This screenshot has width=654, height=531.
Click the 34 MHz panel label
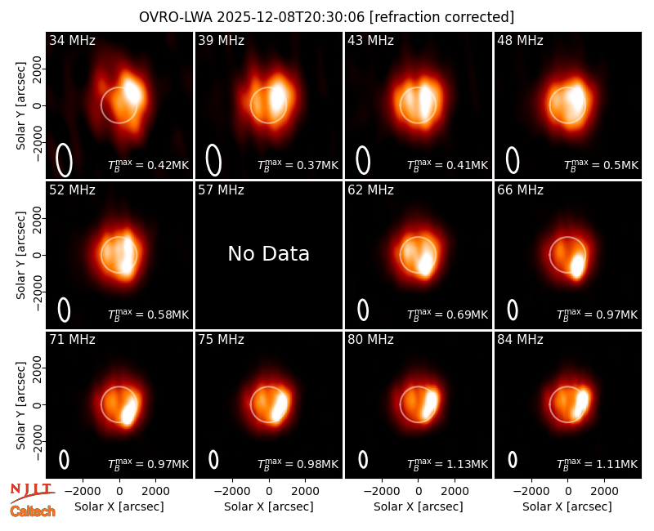point(72,40)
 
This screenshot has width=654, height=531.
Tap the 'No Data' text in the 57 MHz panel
point(269,253)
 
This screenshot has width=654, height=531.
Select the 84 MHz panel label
point(520,340)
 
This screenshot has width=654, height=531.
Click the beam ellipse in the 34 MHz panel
point(65,160)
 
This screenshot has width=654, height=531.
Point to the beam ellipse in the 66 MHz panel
point(513,310)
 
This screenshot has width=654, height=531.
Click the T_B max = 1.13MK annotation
point(447,463)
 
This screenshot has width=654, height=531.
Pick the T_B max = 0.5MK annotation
point(601,165)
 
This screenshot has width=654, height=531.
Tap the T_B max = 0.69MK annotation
point(447,315)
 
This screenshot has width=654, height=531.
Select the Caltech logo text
point(33,511)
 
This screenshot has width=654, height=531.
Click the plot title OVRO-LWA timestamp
point(326,17)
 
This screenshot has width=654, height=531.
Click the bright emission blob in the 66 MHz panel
point(577,266)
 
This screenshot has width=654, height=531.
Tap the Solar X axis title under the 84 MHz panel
point(567,506)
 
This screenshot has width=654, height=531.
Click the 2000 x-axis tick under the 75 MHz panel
point(305,491)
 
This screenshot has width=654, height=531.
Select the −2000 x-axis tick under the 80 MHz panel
point(381,491)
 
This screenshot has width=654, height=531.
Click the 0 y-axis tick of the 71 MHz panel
point(38,404)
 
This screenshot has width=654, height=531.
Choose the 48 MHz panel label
point(520,40)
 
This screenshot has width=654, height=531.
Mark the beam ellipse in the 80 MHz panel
point(363,459)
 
